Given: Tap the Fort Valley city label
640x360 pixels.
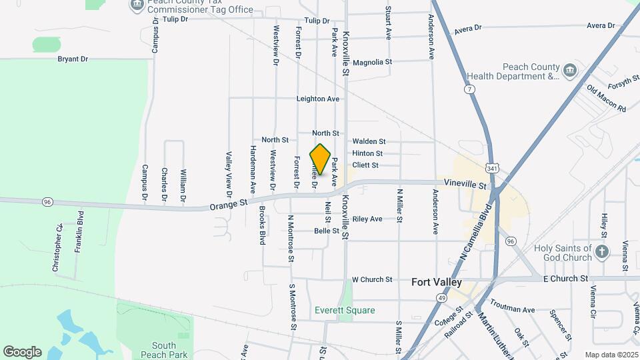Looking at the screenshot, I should point(437,282).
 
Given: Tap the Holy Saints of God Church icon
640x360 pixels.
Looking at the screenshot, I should point(602,251).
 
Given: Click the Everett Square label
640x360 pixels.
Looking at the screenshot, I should point(345,310).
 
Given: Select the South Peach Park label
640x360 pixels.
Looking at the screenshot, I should point(163,350).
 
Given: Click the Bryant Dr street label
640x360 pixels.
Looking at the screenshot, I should point(73,59).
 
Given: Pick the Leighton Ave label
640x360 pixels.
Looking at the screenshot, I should point(318,99).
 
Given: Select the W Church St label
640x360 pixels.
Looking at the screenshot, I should point(372,279).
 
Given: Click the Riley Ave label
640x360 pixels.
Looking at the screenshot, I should point(367,219).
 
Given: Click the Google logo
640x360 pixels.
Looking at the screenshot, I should point(22,351).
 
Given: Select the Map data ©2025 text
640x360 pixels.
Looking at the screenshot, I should point(611,355).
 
